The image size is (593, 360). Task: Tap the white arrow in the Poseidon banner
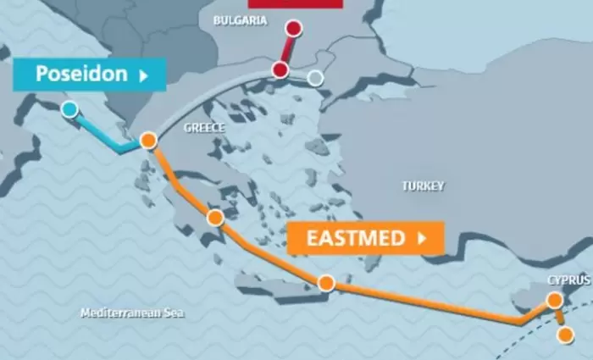point(143,75)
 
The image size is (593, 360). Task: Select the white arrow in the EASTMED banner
point(421,238)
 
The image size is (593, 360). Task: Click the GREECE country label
point(204,128)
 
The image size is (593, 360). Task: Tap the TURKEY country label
point(423,186)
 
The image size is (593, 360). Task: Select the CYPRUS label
point(565,280)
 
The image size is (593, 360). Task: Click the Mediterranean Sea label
point(131,313)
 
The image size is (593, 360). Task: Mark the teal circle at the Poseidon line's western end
point(69,108)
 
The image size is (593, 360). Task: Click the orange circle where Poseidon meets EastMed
point(149,141)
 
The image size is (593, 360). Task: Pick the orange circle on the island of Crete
point(326,283)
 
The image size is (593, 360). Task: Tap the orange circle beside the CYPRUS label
point(555,300)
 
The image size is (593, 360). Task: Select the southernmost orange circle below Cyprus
point(565,335)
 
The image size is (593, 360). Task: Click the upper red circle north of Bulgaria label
point(293,29)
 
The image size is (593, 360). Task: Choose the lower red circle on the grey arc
point(280,70)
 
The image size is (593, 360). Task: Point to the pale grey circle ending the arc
point(315,79)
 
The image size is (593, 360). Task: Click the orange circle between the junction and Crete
point(215,218)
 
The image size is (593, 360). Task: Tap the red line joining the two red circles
point(286,49)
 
